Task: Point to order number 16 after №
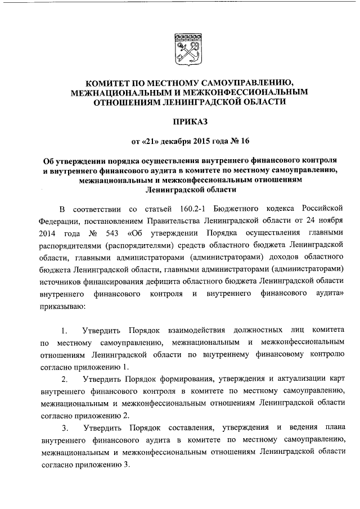[x=240, y=140]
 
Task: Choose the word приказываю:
[x=63, y=307]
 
